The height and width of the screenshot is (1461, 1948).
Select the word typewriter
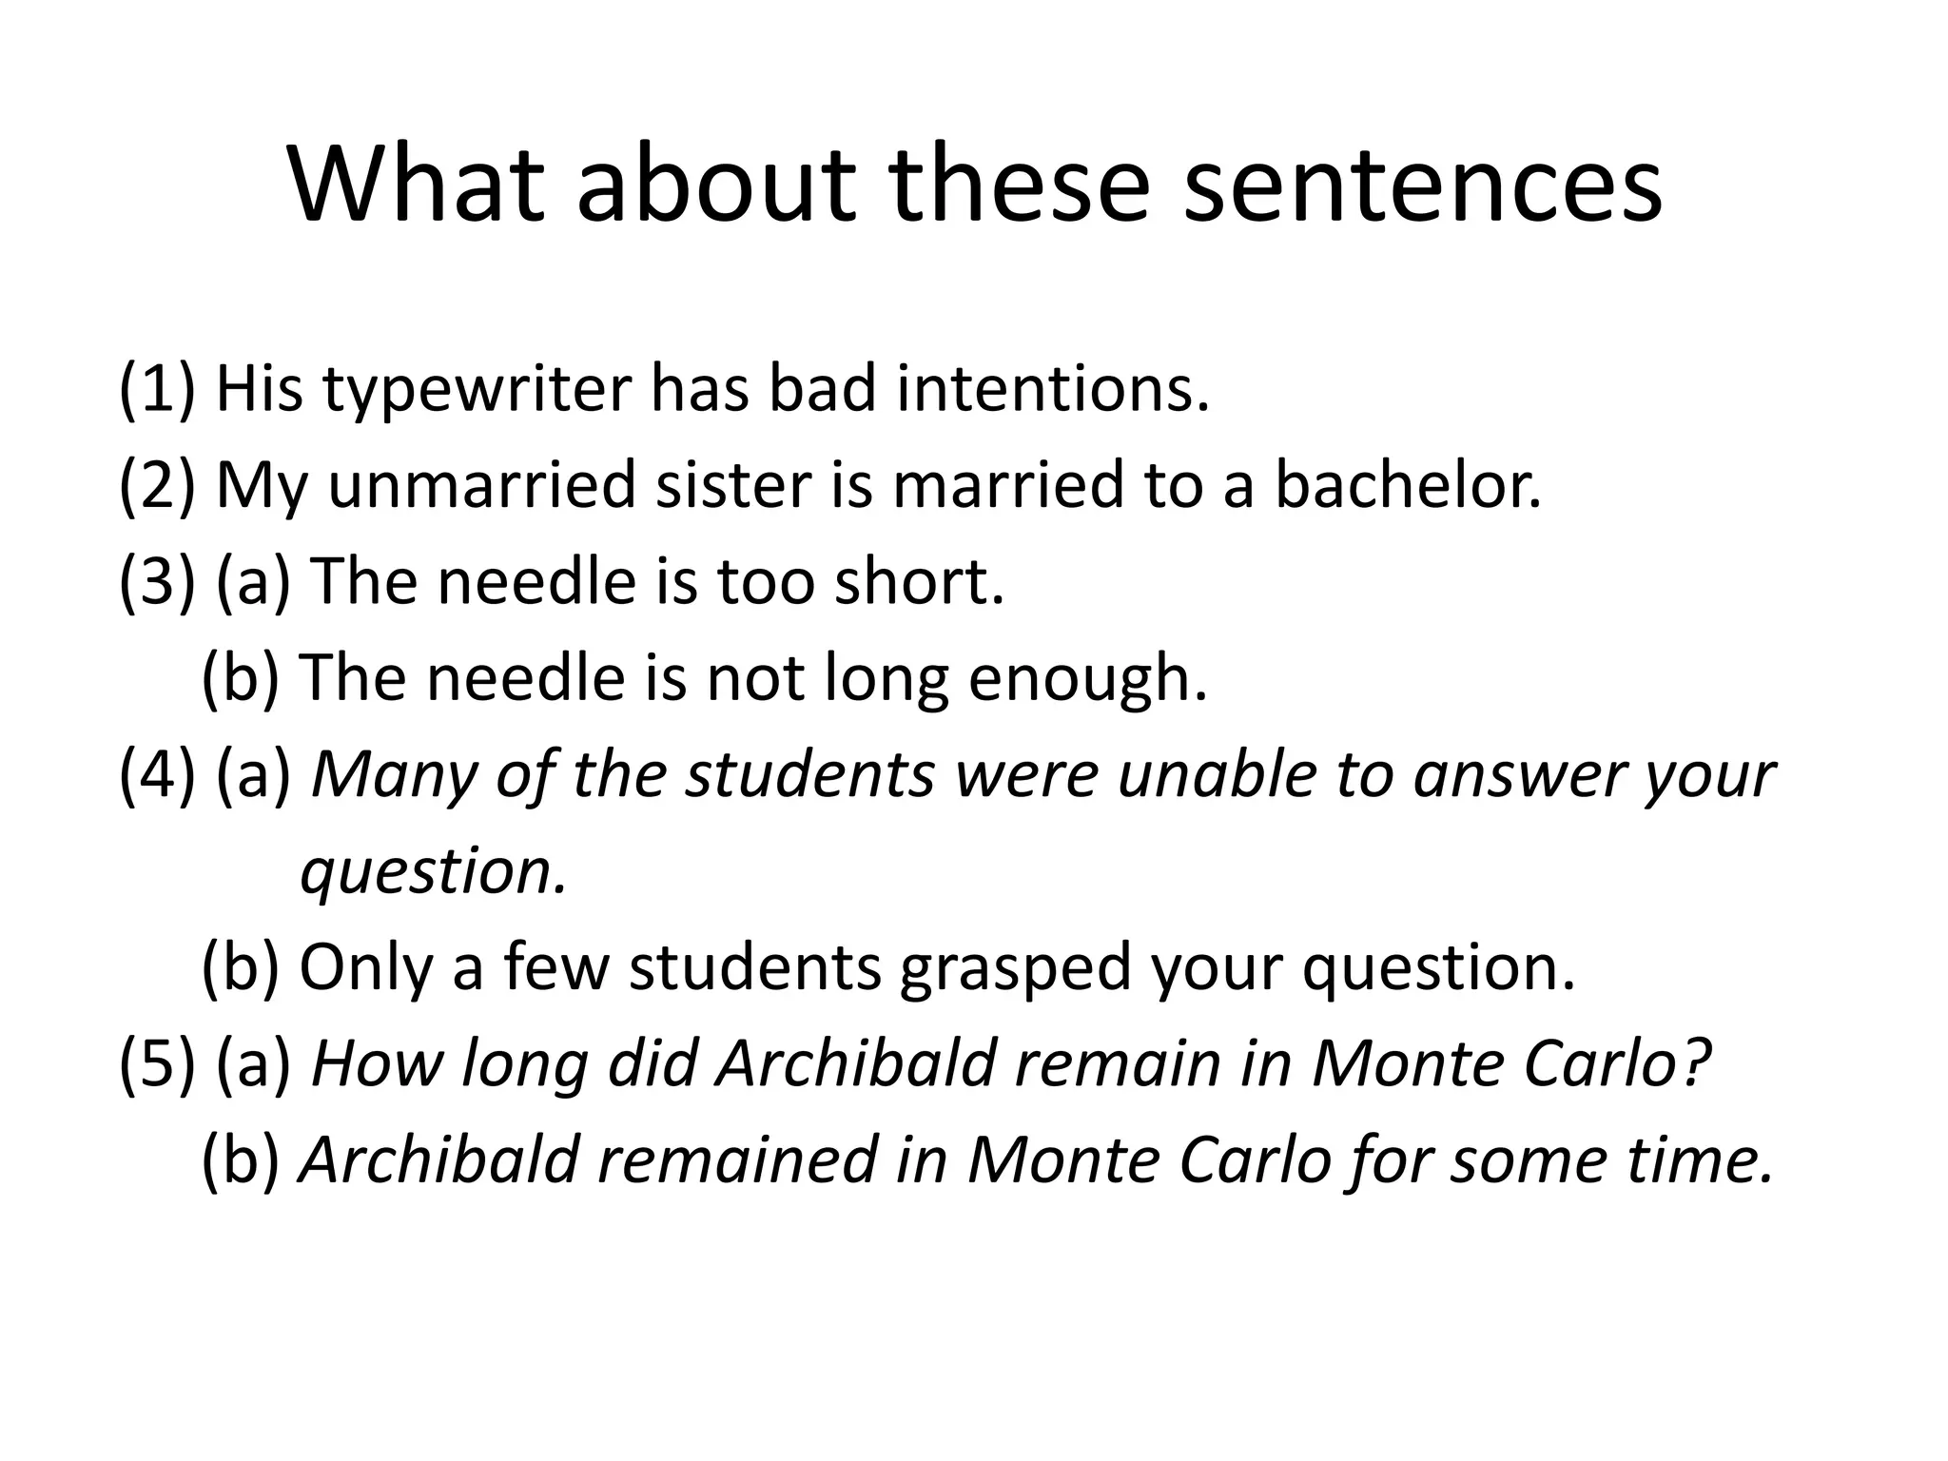477,390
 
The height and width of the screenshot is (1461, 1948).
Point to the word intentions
1053,390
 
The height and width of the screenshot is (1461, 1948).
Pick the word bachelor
1407,485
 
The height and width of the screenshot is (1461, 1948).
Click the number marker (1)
157,390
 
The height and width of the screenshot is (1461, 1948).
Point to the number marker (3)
157,582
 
